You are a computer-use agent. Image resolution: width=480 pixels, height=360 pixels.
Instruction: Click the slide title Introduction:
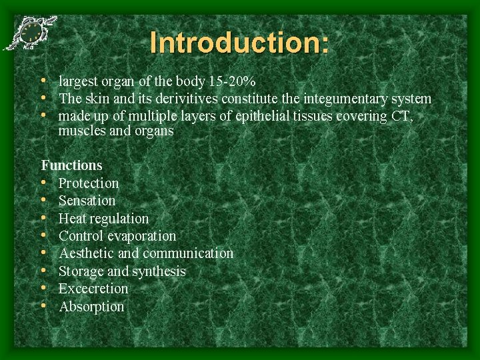(x=239, y=43)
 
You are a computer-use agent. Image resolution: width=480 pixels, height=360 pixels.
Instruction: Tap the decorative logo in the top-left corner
(x=30, y=33)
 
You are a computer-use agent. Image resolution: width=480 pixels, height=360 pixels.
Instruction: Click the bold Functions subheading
(x=72, y=165)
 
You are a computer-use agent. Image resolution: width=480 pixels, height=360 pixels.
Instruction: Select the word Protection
(x=89, y=183)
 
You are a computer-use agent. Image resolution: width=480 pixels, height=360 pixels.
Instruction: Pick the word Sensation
(x=87, y=201)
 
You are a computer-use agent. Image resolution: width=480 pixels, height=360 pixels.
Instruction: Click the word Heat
(x=72, y=219)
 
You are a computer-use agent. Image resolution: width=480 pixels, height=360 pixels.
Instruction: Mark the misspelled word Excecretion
(x=93, y=289)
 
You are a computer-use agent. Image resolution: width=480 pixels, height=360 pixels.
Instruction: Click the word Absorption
(x=91, y=307)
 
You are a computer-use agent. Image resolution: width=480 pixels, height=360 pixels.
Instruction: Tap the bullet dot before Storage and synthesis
(x=43, y=271)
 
